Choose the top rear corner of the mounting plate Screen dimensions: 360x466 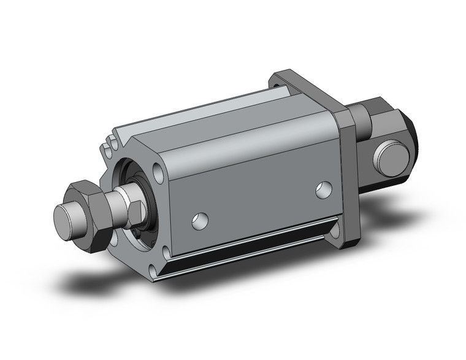(280, 74)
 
